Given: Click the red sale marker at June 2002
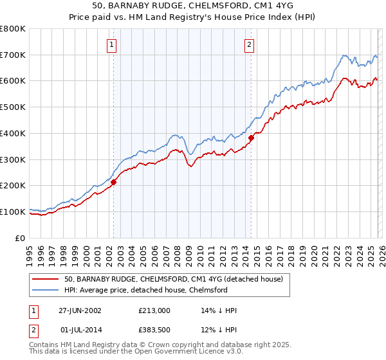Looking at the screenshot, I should point(114,182).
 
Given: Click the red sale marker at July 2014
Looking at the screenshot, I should point(251,137).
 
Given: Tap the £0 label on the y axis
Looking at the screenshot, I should point(21,238).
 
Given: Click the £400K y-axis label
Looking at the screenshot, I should point(13,133).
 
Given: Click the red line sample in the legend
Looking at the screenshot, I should point(46,279).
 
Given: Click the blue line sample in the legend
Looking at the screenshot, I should point(46,290).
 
